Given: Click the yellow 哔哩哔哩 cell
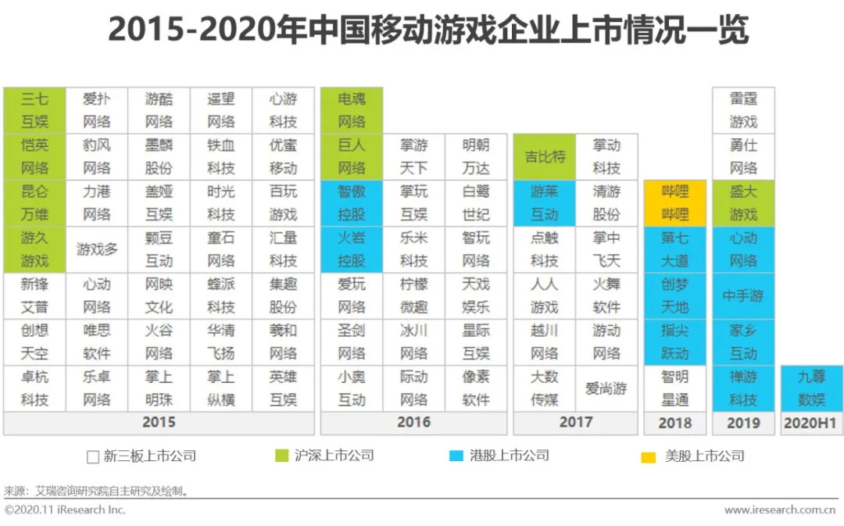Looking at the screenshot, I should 674,203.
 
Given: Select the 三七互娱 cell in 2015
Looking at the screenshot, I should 34,110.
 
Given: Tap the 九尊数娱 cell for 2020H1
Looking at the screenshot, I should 810,388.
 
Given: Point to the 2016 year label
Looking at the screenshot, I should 413,423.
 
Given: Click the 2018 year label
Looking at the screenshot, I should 674,423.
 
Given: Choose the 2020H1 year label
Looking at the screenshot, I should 810,423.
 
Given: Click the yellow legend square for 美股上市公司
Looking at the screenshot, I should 649,456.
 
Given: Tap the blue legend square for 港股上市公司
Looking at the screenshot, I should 456,456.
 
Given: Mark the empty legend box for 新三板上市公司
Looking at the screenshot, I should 93,456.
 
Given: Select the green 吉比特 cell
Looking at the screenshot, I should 544,156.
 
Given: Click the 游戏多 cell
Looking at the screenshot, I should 97,249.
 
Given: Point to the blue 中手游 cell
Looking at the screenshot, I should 743,296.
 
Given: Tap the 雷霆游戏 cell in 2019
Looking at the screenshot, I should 743,110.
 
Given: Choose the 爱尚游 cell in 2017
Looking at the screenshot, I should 606,388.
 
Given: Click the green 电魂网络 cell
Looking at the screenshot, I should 352,110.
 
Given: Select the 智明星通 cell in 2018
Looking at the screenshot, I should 674,388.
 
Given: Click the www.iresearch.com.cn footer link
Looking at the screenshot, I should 780,510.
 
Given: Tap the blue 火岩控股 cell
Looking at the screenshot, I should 352,249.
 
